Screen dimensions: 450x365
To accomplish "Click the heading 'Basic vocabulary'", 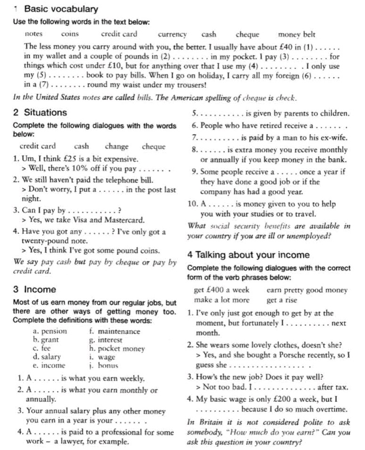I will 61,9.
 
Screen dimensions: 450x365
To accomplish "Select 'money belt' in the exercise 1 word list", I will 297,34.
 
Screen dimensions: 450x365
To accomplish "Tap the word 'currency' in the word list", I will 172,34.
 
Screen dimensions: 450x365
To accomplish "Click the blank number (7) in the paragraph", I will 43,85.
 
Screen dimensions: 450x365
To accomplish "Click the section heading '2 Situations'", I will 41,113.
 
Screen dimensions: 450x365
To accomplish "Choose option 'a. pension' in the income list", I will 50,331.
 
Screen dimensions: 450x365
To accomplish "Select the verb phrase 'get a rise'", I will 282,300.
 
